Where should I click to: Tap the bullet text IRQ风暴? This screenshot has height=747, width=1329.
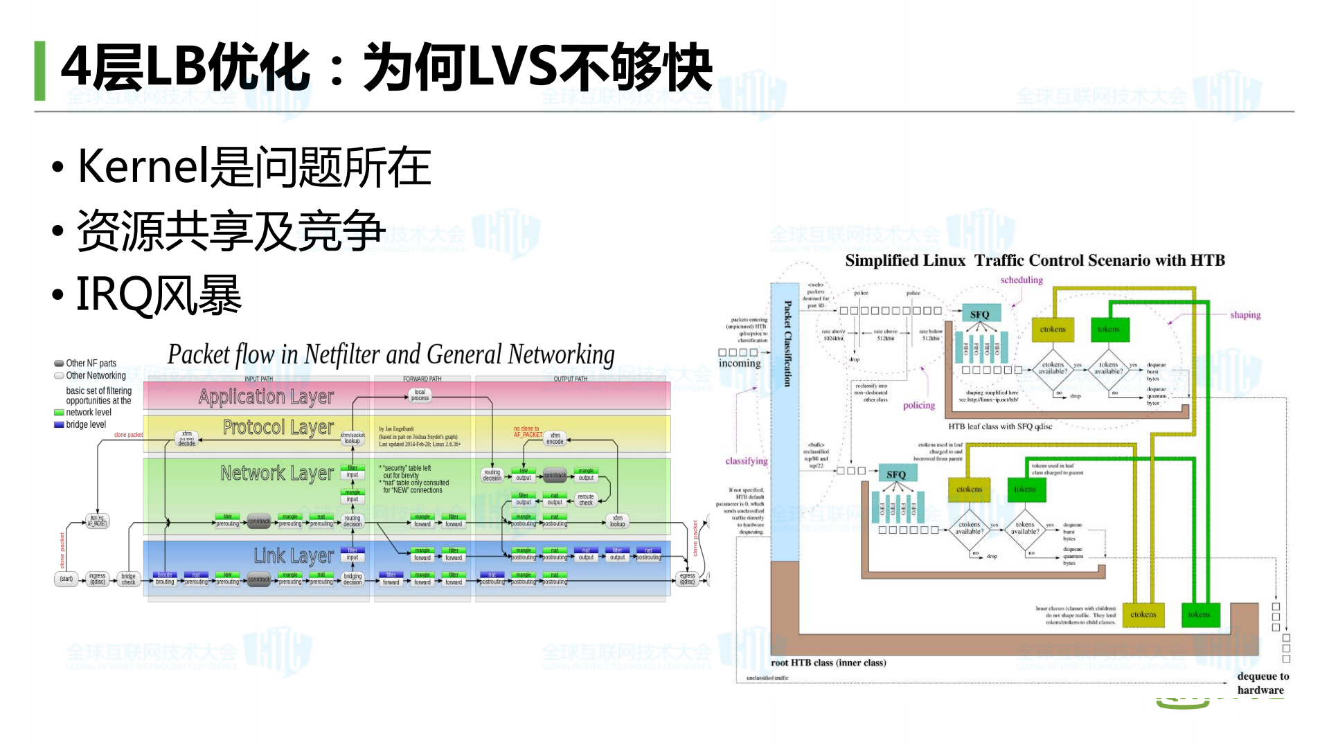[x=158, y=295]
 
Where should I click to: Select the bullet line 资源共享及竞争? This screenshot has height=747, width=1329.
[x=231, y=231]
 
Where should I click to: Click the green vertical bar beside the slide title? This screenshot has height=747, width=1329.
[x=39, y=71]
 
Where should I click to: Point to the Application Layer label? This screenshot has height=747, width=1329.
[x=266, y=397]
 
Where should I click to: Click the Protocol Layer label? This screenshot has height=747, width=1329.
[x=278, y=428]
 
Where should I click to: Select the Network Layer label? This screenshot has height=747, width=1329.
[x=277, y=474]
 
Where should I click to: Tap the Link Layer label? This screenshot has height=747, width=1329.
[x=293, y=556]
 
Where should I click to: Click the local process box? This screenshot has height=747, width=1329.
[x=420, y=395]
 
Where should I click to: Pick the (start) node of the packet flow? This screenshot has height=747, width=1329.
[x=66, y=579]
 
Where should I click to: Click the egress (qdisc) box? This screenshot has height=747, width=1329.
[x=687, y=579]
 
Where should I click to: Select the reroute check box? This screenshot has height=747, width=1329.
[x=586, y=500]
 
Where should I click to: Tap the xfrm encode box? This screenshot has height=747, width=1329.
[x=555, y=438]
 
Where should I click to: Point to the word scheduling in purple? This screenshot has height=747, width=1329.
[x=1022, y=280]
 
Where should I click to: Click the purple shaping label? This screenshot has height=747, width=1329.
[x=1245, y=315]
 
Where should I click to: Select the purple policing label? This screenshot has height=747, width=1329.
[x=919, y=406]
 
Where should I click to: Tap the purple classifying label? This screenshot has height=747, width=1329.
[x=747, y=461]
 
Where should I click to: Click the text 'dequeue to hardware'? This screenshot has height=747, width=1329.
[x=1263, y=683]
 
